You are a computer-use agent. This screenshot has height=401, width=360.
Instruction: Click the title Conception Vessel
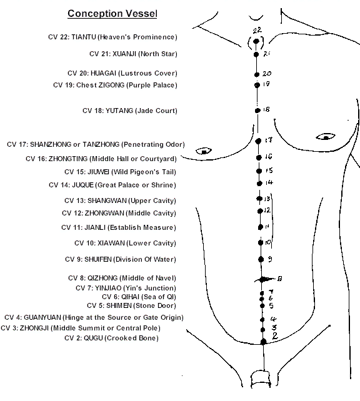112,14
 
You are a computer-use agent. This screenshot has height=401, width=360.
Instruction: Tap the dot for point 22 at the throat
256,41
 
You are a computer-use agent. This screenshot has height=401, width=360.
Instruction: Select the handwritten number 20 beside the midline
267,74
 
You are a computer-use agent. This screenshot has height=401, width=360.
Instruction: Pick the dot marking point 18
257,111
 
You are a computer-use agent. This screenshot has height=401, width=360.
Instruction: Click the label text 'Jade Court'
156,111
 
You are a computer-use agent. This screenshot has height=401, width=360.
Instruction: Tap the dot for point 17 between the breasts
258,141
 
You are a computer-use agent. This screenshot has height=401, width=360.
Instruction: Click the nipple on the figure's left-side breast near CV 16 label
204,152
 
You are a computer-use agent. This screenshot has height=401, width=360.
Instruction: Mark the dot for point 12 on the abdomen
260,211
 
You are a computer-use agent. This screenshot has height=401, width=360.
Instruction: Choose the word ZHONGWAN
104,213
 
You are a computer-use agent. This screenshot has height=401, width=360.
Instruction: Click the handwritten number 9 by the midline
270,259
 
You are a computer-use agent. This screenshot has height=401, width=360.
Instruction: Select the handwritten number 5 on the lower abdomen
271,305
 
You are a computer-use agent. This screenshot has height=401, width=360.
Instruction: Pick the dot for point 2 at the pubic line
263,342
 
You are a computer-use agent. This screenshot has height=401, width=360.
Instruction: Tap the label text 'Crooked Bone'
132,338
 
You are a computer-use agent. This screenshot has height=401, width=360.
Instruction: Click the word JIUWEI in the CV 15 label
98,172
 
